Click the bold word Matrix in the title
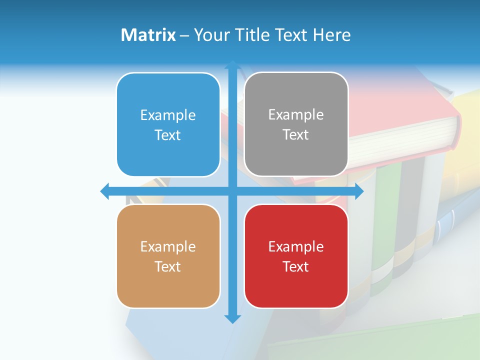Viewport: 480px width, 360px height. pos(148,35)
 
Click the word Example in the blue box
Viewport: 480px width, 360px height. pos(168,115)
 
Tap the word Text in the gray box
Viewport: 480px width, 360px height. pos(296,134)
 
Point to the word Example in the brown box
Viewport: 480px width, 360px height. pos(168,246)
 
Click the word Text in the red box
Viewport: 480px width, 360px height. pos(296,266)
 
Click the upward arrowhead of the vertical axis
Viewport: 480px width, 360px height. pos(232,65)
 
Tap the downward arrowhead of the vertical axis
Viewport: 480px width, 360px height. pos(232,318)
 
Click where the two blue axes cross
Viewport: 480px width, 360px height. pos(232,191)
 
